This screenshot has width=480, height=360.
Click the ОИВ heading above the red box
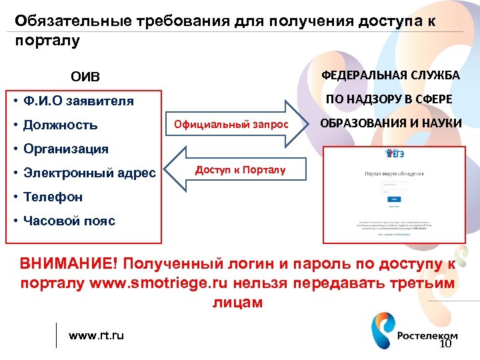click(x=86, y=79)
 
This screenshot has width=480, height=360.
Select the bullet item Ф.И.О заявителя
click(x=78, y=101)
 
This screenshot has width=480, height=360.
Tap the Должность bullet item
click(x=60, y=125)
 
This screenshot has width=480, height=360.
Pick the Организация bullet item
click(x=65, y=148)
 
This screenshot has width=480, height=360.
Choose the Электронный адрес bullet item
click(x=89, y=173)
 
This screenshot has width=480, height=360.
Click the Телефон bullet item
click(x=53, y=197)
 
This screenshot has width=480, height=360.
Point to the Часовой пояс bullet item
click(x=69, y=221)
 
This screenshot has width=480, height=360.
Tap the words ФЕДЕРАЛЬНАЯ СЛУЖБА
click(x=391, y=75)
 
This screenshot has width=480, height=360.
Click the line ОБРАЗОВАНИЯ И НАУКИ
click(x=391, y=123)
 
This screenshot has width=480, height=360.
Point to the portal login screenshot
click(x=394, y=193)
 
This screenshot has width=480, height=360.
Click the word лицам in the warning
click(x=237, y=302)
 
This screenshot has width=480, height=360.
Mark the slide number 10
click(x=445, y=345)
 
